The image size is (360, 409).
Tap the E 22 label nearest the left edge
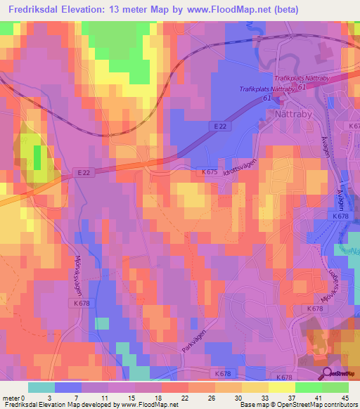tap(82, 172)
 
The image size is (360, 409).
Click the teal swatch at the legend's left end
tap(41, 387)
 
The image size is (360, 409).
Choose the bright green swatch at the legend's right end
tap(335, 387)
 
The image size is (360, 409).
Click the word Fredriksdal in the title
tap(33, 10)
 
